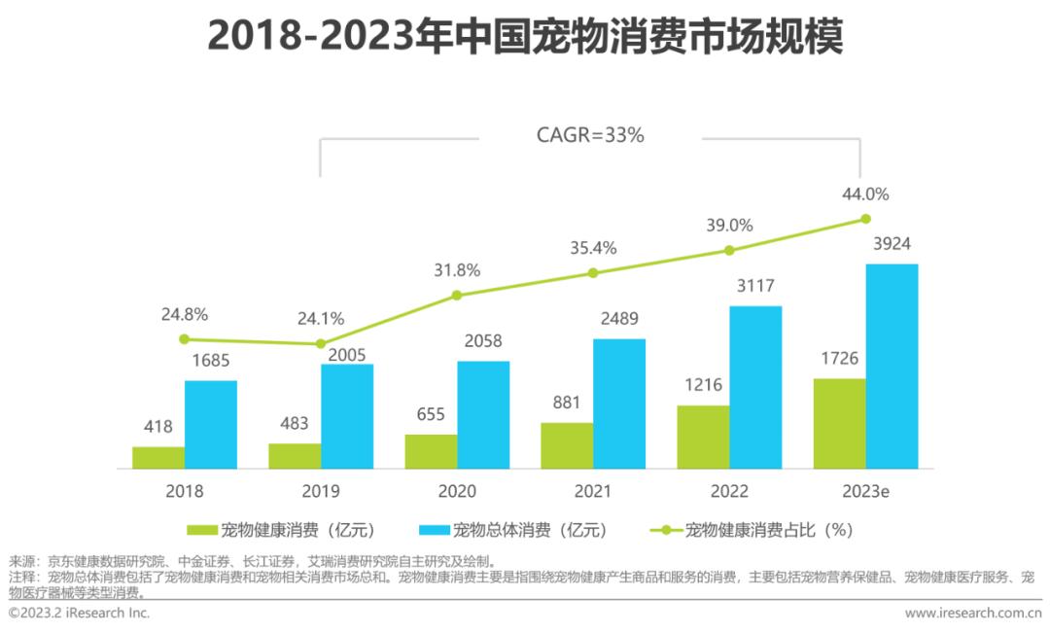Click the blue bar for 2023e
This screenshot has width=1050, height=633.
click(x=892, y=367)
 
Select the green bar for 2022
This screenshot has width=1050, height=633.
click(x=703, y=438)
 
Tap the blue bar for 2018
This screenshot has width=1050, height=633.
click(x=211, y=425)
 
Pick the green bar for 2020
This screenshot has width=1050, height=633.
click(x=431, y=452)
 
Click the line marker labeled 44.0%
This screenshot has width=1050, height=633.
click(x=864, y=220)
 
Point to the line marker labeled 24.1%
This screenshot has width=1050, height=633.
click(x=320, y=344)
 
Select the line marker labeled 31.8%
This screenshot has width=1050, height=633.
click(x=457, y=295)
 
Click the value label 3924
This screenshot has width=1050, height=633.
click(x=892, y=244)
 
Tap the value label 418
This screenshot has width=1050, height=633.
click(x=158, y=426)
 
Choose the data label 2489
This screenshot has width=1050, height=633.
click(x=619, y=320)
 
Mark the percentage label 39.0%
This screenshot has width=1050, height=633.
click(x=728, y=226)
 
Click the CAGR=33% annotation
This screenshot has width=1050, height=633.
click(x=590, y=136)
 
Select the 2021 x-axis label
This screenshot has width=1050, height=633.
click(x=593, y=491)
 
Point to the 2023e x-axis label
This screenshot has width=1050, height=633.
click(x=865, y=491)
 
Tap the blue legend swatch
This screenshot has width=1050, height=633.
click(x=434, y=530)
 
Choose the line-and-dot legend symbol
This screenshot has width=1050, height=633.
click(x=666, y=530)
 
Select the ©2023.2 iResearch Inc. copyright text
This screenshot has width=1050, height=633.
click(x=80, y=614)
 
